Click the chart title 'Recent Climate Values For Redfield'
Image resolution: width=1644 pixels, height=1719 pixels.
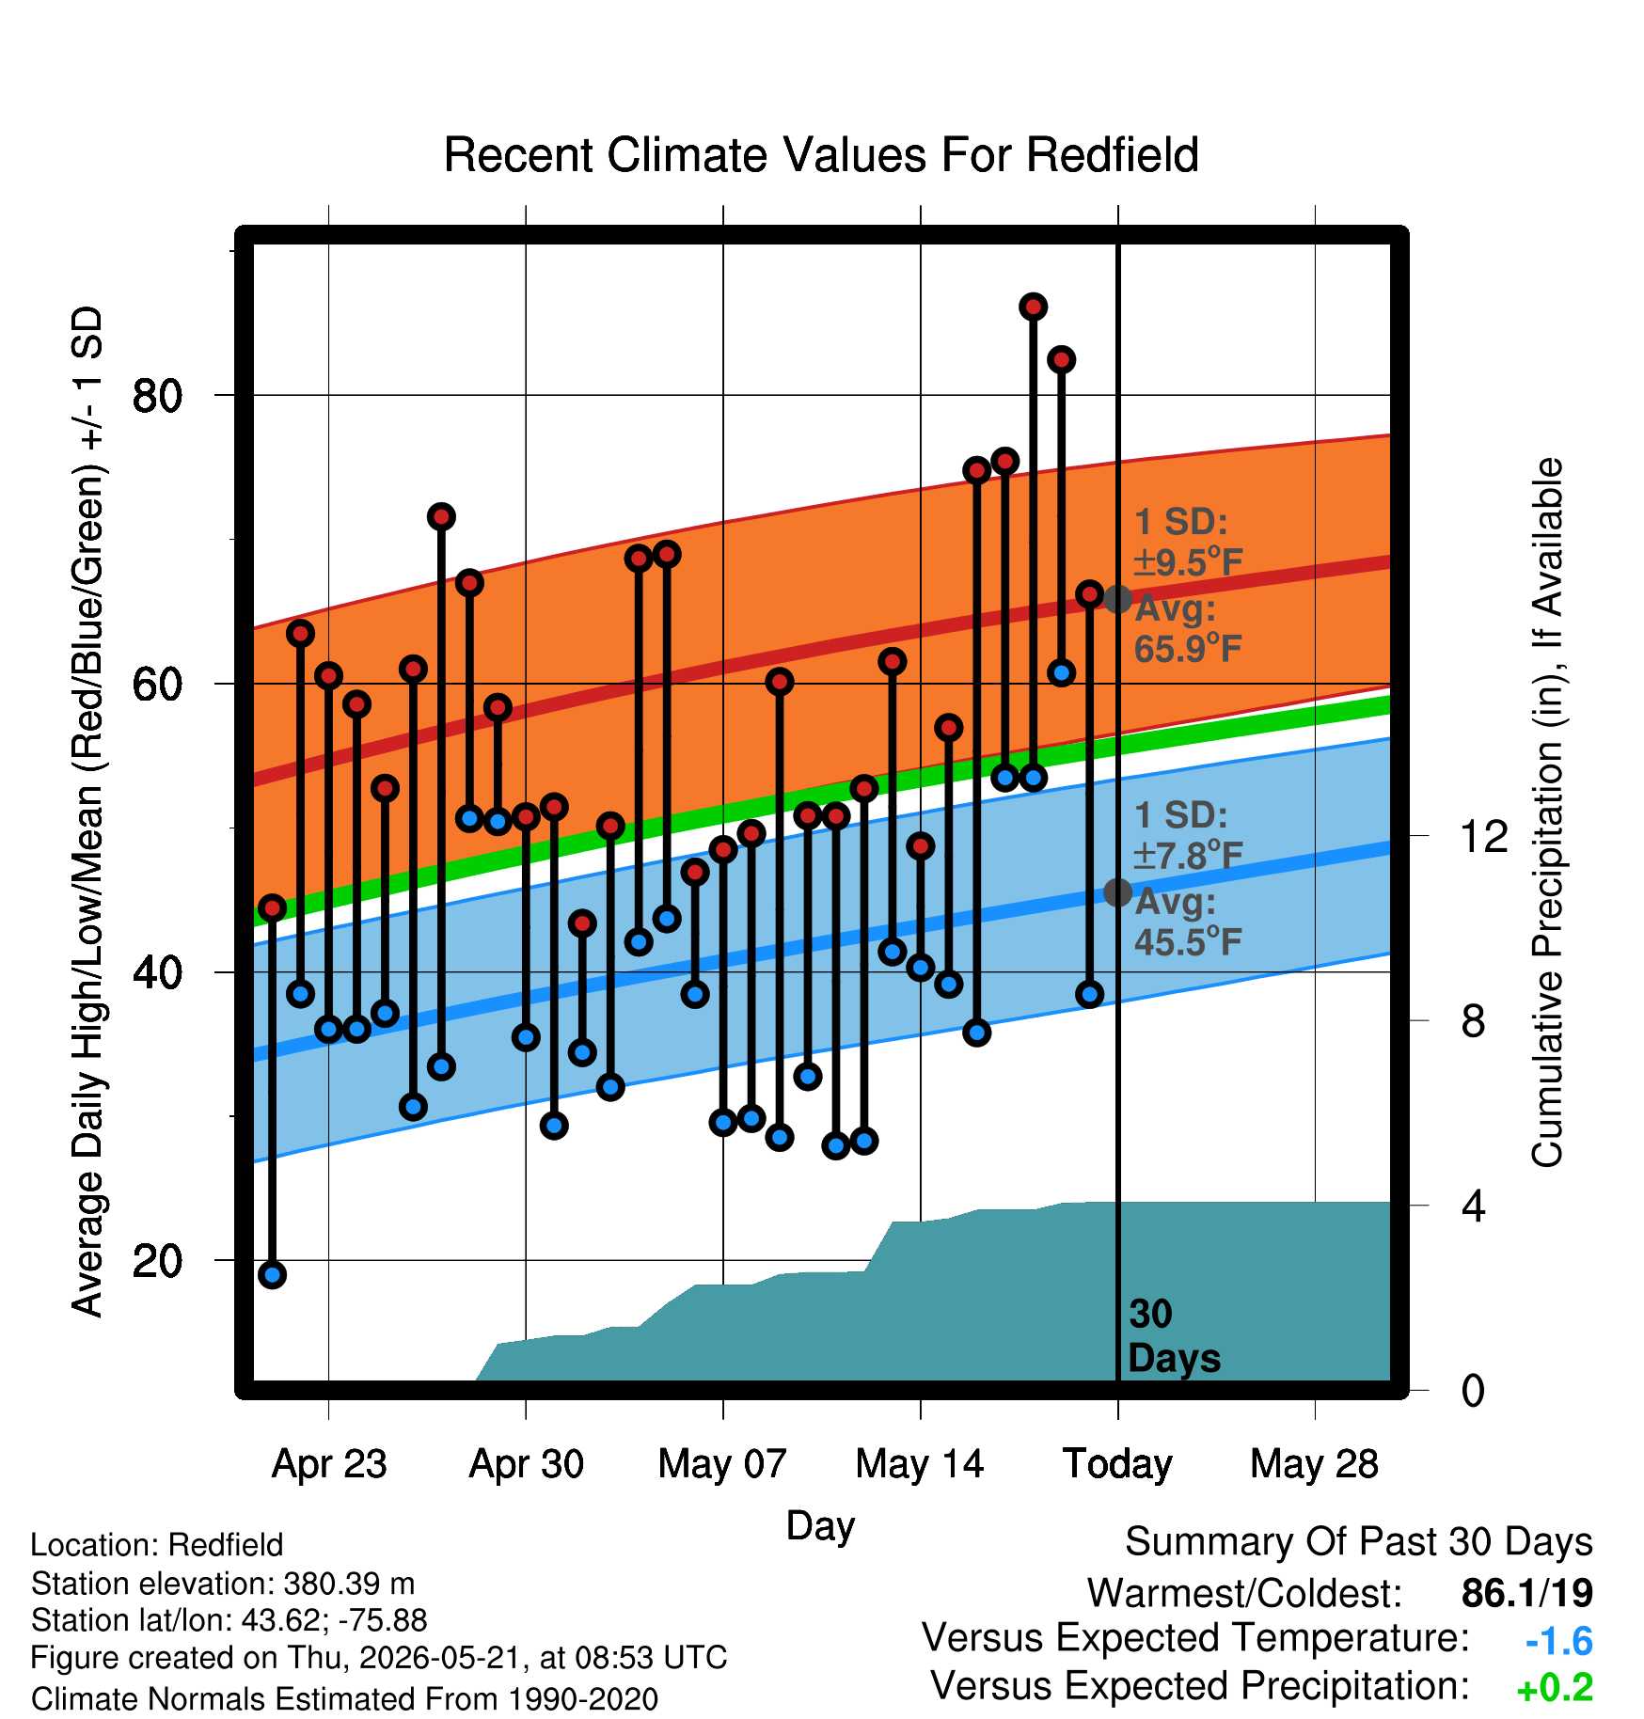(x=821, y=155)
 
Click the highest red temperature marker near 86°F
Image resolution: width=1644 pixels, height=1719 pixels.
(x=1034, y=307)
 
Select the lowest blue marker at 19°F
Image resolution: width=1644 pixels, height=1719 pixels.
(x=273, y=1275)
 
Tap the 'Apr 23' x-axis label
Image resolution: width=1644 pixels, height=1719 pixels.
(x=329, y=1464)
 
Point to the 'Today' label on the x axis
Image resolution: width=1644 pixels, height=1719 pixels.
(x=1117, y=1464)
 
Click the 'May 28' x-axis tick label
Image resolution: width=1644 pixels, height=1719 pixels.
(x=1314, y=1464)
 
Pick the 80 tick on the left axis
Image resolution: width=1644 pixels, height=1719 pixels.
(x=157, y=396)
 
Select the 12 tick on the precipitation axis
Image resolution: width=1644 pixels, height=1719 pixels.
(x=1483, y=836)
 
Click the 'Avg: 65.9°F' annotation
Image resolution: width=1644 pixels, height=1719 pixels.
(x=1188, y=628)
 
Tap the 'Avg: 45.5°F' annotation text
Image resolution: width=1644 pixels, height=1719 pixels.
(x=1188, y=922)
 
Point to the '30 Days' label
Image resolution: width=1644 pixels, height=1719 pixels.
(x=1174, y=1336)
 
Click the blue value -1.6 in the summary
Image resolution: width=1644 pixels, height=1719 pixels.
(x=1559, y=1642)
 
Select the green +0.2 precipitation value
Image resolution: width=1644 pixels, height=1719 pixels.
(x=1556, y=1688)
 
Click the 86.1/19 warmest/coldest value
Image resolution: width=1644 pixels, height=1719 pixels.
(x=1527, y=1593)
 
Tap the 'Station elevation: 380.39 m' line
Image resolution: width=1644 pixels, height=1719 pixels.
(x=223, y=1584)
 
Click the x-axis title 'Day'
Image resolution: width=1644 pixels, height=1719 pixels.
(x=820, y=1525)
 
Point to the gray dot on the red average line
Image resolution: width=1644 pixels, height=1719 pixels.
(x=1118, y=599)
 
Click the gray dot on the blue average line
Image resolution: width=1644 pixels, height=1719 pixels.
(x=1118, y=892)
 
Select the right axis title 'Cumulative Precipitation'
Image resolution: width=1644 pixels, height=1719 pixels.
(x=1546, y=813)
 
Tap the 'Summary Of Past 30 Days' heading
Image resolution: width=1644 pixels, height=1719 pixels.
(x=1359, y=1542)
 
